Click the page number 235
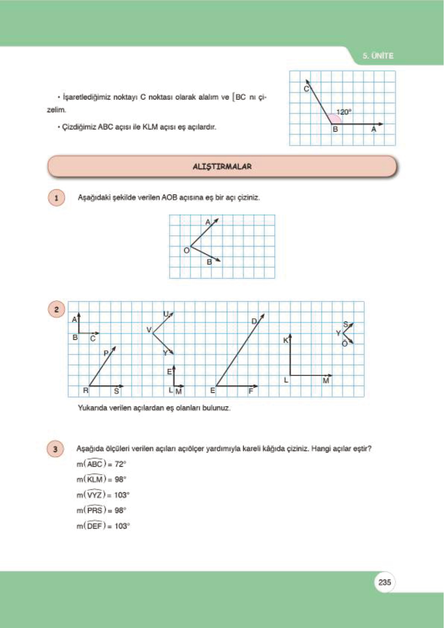click(384, 582)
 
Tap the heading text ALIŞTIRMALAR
click(222, 167)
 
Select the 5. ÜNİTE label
click(378, 56)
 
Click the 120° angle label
click(344, 112)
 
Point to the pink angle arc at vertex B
click(335, 119)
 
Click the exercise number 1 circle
click(56, 198)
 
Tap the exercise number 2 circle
click(56, 310)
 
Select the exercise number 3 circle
click(55, 449)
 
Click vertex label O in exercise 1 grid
click(186, 251)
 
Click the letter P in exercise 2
click(106, 353)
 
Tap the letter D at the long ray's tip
click(254, 321)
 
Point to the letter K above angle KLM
click(286, 340)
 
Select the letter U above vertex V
click(166, 314)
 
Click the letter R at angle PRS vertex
click(85, 390)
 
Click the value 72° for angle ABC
click(120, 464)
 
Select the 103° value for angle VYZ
click(122, 495)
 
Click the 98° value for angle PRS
click(120, 511)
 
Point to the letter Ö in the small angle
click(344, 343)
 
